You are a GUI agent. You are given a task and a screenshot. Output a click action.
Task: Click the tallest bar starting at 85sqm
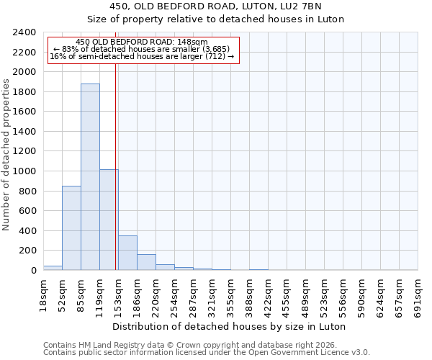pos(90,177)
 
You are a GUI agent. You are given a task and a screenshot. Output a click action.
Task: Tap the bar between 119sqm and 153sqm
pos(109,220)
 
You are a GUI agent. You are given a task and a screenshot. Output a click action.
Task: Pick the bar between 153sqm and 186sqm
pos(127,253)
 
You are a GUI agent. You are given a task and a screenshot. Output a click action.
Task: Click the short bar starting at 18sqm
pos(53,268)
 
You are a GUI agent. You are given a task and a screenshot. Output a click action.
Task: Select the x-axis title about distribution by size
pos(230,326)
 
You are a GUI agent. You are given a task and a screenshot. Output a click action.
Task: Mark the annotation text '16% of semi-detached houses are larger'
pos(142,57)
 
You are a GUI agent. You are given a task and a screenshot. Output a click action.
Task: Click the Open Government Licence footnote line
pos(207,353)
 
